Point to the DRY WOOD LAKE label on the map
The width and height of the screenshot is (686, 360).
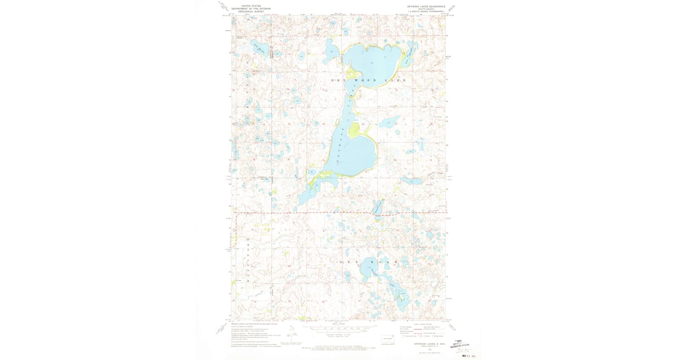pos(369,81)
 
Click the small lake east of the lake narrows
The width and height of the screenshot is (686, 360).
pos(390,122)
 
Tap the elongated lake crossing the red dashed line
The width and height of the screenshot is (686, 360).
pos(378,207)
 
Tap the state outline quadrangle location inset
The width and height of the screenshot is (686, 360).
pos(388,339)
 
